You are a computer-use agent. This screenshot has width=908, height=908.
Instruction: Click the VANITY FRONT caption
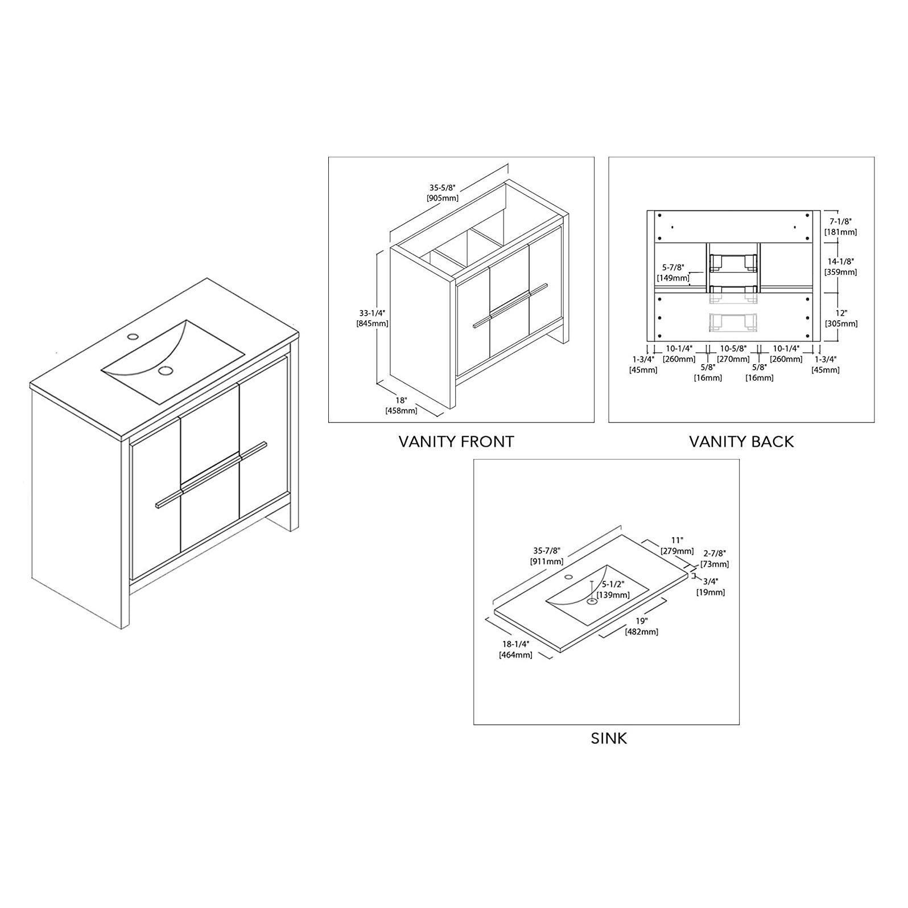coord(456,441)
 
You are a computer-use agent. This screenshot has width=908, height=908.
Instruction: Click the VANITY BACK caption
coord(741,441)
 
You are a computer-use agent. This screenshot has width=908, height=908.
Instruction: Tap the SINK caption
coord(608,738)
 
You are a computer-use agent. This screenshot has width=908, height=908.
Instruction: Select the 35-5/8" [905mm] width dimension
coord(442,192)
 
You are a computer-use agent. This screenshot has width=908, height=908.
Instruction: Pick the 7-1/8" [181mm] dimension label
coord(841,226)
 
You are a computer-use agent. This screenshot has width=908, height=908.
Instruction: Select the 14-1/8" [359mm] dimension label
coord(841,267)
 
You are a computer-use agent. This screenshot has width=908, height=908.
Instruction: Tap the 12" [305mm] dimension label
coord(841,319)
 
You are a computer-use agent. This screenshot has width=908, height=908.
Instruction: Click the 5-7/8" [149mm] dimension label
coord(673,273)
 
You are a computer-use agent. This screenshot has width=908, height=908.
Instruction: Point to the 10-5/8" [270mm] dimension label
coord(733,353)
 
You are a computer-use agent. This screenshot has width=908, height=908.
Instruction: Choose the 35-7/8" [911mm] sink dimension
coord(547,556)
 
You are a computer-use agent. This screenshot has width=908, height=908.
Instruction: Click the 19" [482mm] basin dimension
coord(642,626)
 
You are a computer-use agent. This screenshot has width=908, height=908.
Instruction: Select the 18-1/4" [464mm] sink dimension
coord(515,649)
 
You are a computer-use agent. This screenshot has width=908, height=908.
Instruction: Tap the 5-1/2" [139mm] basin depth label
coord(613,589)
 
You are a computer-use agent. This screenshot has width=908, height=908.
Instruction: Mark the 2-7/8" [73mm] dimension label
coord(715,559)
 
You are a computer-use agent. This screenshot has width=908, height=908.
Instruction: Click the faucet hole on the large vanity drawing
coord(133,336)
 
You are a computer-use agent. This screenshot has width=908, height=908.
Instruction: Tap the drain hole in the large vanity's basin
coord(166,371)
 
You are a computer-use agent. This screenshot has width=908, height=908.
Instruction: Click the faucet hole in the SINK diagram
coord(568,577)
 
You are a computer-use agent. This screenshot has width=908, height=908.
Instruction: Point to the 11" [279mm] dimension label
coord(677,546)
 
